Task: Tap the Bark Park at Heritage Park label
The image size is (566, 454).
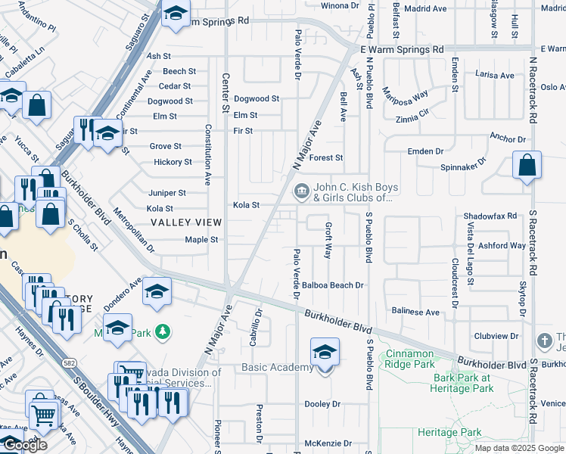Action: click(464, 383)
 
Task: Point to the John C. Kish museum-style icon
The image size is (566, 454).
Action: click(301, 189)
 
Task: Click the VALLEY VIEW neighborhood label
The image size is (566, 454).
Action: click(185, 222)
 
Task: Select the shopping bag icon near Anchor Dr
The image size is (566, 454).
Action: click(527, 165)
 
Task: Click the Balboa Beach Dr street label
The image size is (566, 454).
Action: click(333, 285)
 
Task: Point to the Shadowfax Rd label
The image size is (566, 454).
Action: click(490, 216)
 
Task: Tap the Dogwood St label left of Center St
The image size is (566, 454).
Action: click(169, 101)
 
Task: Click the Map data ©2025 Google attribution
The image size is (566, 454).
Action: click(519, 448)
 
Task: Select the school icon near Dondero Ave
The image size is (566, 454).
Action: click(157, 291)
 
